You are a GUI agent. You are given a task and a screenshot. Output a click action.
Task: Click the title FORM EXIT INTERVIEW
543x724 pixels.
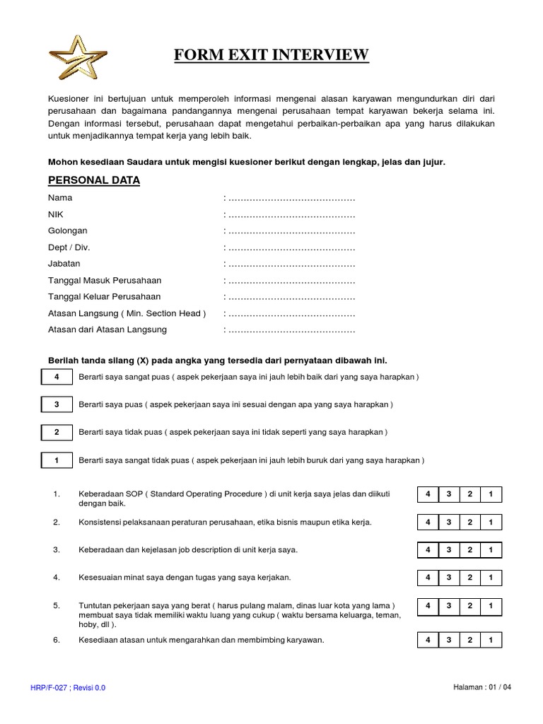271,54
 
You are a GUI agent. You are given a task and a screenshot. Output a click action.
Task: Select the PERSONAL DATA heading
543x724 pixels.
93,180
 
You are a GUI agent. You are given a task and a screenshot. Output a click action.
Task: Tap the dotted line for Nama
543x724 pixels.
291,198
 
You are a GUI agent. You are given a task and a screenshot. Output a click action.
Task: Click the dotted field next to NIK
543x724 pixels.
291,214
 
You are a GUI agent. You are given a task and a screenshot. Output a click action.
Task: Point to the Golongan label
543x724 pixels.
67,231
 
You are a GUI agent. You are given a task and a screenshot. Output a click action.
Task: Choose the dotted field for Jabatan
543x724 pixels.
291,264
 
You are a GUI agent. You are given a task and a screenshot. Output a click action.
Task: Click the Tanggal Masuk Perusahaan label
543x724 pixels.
104,281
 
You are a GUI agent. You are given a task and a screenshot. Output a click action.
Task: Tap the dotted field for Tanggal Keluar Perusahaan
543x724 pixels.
291,297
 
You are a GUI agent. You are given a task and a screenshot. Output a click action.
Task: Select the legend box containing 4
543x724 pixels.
57,378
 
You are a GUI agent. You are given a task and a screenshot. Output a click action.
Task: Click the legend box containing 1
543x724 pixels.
57,460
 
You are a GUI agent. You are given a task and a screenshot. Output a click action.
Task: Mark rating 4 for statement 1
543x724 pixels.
428,494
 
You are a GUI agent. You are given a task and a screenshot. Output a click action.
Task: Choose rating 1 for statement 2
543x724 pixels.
491,522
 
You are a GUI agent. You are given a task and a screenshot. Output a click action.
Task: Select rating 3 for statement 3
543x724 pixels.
449,550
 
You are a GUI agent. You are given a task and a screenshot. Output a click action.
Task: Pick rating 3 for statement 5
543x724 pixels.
449,607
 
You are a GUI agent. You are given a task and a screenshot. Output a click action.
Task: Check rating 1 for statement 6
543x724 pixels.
491,641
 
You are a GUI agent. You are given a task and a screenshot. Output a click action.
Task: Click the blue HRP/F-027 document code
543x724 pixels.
68,687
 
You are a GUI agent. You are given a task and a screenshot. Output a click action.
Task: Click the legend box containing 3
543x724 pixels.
57,405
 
